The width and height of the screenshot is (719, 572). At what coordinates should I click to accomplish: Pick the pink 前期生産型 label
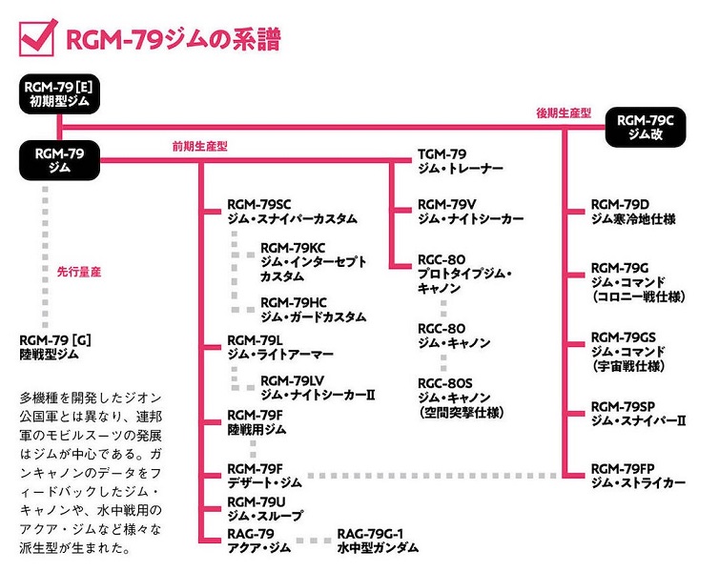(200, 146)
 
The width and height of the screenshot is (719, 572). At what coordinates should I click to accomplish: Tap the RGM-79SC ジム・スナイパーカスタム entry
(292, 212)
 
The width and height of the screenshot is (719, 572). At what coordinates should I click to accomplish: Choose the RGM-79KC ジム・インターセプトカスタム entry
(314, 262)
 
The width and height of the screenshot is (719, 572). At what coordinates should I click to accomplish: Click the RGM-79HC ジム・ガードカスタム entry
(313, 310)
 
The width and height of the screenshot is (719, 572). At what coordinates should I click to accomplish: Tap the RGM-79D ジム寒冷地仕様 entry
(633, 211)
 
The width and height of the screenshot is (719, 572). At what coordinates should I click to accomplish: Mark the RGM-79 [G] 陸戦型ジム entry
(61, 347)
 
